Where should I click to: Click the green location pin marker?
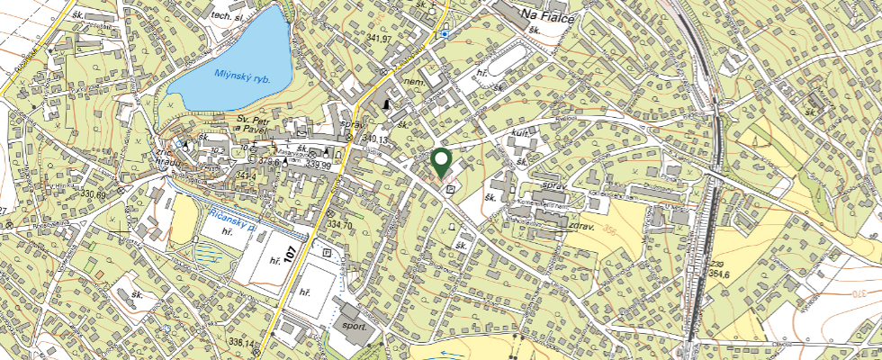point(441,162)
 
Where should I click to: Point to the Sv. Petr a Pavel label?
point(252,124)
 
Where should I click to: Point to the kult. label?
point(519,133)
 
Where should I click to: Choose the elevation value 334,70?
point(340,224)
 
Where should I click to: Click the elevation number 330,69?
point(93,194)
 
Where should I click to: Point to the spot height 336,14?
point(242,342)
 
